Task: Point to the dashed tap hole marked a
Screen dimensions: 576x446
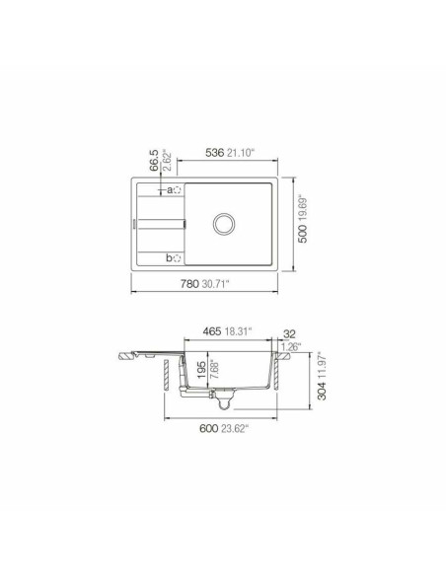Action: coord(177,188)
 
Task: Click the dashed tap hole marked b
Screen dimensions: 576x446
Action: coord(178,259)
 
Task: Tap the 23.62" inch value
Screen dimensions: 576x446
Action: coord(236,427)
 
